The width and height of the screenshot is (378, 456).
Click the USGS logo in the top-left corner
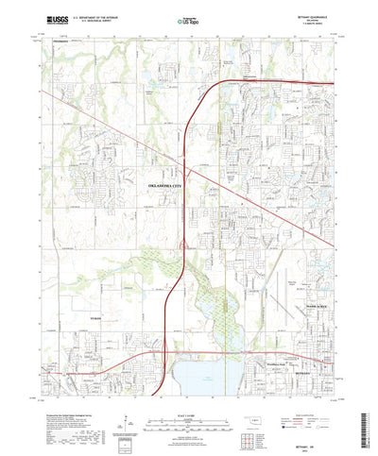pos(44,19)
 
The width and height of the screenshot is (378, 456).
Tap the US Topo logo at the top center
pos(188,19)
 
